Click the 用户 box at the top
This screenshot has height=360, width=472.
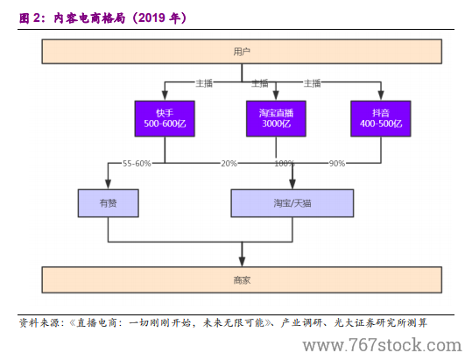pos(242,52)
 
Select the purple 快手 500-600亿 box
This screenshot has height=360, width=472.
pos(165,118)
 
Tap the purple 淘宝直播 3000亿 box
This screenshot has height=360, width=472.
pos(276,118)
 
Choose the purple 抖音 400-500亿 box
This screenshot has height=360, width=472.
pos(381,118)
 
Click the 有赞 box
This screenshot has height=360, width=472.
pos(108,203)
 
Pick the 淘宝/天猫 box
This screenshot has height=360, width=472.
pos(292,203)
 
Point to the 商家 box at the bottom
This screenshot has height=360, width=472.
pos(242,279)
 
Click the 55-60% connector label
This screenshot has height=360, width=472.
pos(137,164)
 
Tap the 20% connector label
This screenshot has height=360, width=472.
pos(229,164)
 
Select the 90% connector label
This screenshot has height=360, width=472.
pos(337,164)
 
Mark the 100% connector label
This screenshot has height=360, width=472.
pos(284,164)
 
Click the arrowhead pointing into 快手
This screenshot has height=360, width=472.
pos(165,95)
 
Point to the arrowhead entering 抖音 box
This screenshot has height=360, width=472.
pos(381,95)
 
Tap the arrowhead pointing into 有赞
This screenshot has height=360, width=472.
pos(108,184)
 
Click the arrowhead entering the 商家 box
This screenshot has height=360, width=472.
pos(242,261)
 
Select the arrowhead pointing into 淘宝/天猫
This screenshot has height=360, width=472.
pos(292,184)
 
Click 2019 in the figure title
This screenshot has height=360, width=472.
pos(151,18)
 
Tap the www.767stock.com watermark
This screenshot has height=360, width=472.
pos(382,345)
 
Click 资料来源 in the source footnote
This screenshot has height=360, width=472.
pos(39,323)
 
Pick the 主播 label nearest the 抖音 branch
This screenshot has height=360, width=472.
pos(312,83)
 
